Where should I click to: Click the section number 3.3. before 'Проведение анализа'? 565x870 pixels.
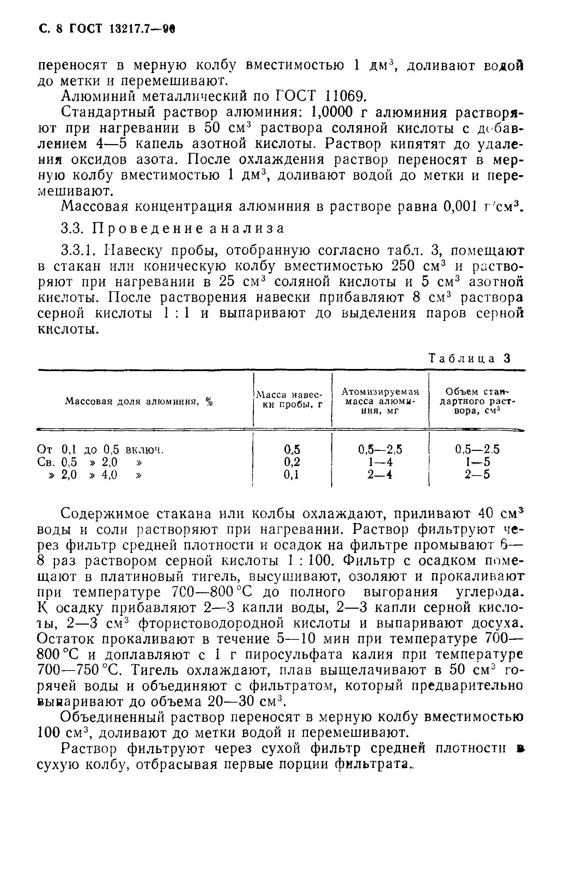coord(73,228)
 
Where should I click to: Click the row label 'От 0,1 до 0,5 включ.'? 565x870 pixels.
coord(101,449)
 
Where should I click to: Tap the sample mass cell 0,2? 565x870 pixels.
coord(292,462)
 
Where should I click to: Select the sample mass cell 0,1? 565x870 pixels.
coord(292,475)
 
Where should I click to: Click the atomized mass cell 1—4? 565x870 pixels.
coord(380,462)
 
